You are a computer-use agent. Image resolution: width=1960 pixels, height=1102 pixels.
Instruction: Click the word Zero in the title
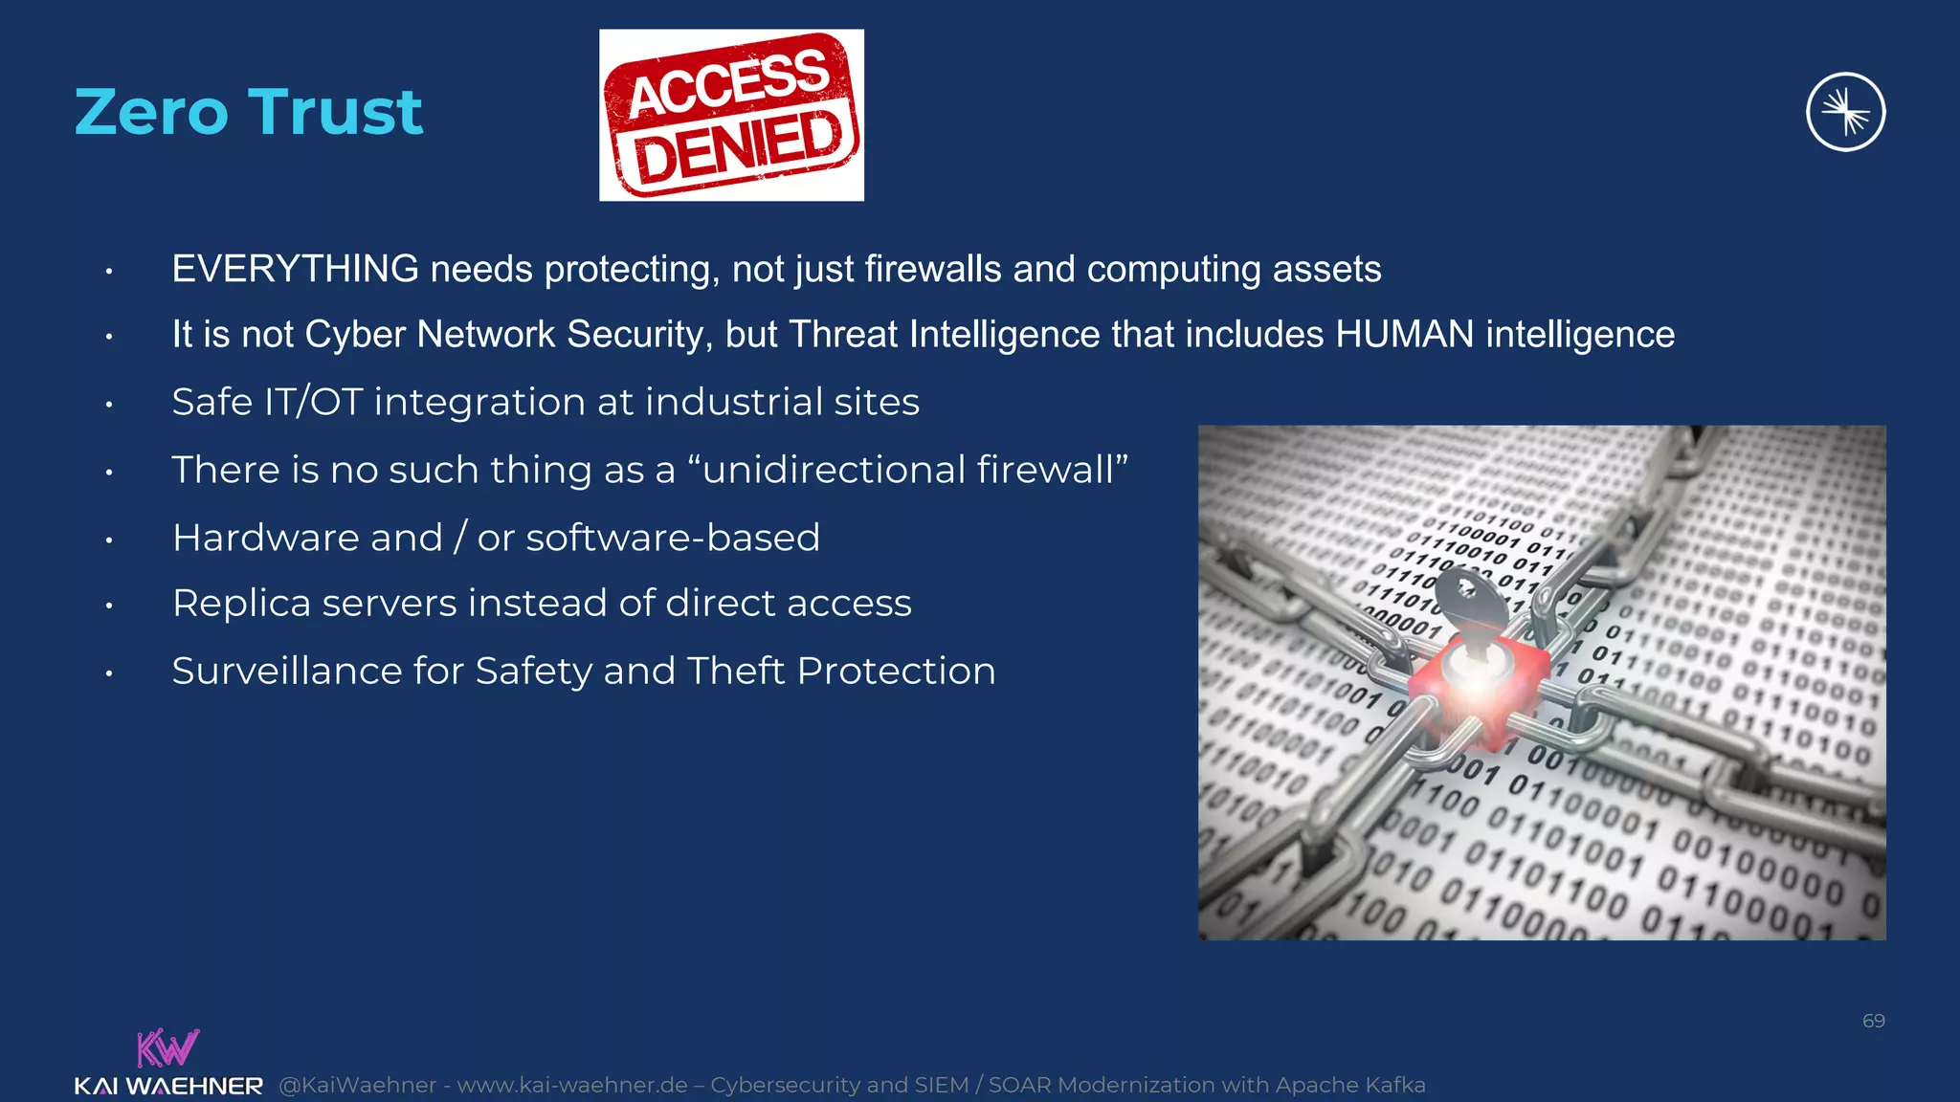[x=154, y=113]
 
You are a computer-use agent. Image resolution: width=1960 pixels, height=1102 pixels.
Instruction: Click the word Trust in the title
[x=336, y=113]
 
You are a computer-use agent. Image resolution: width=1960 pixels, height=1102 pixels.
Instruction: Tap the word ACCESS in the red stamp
[x=728, y=83]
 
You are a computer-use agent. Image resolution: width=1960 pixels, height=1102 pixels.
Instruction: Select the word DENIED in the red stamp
[x=738, y=147]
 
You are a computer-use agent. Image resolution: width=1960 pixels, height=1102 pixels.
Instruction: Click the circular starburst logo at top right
[x=1845, y=112]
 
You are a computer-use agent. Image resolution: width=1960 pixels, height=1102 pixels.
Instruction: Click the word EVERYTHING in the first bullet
[x=295, y=270]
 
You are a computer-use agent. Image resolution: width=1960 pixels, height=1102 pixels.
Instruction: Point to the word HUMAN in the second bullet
[x=1404, y=335]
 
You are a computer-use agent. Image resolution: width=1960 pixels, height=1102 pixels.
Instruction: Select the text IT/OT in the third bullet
[x=313, y=403]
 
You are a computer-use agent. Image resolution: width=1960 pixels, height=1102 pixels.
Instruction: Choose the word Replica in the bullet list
[x=241, y=604]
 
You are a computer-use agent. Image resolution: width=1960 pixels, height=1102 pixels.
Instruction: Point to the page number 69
[x=1873, y=1021]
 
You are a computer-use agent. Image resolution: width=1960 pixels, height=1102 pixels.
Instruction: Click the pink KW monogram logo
[x=167, y=1047]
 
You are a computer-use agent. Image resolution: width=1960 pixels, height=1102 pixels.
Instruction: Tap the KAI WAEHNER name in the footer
[x=168, y=1086]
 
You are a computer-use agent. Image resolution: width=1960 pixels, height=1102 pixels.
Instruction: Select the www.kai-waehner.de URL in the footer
[x=571, y=1085]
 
